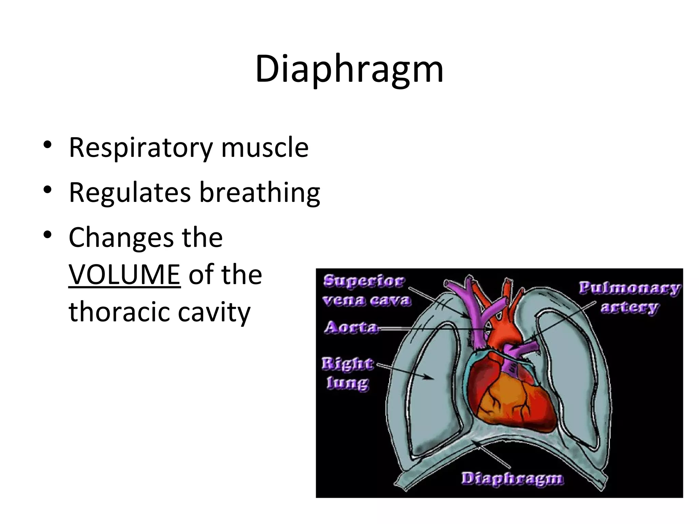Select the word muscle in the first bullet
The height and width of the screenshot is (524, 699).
[265, 147]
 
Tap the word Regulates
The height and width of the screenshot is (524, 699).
[130, 193]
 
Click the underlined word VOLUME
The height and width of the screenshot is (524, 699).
[124, 275]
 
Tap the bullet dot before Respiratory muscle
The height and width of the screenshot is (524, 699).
[47, 144]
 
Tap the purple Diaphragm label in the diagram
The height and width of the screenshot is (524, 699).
[512, 479]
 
